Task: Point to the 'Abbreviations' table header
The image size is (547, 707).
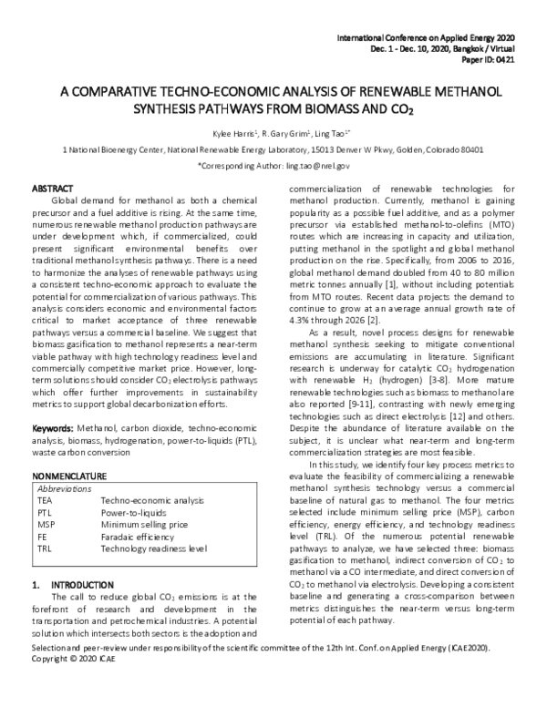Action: pyautogui.click(x=66, y=488)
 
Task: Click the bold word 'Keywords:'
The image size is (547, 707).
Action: pyautogui.click(x=53, y=427)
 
